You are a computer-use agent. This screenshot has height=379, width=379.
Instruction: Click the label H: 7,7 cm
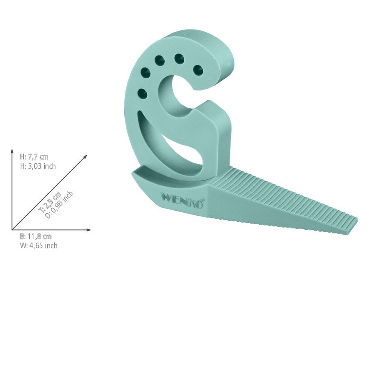click(x=34, y=157)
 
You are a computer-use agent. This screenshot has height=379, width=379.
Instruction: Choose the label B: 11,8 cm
click(x=36, y=237)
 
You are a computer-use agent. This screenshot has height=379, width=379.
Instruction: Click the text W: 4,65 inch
click(x=38, y=246)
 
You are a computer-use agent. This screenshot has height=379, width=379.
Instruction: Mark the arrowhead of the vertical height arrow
click(x=13, y=150)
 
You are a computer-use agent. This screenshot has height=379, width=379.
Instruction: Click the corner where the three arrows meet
click(x=13, y=230)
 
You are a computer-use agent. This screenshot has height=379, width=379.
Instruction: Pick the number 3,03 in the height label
click(x=34, y=166)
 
